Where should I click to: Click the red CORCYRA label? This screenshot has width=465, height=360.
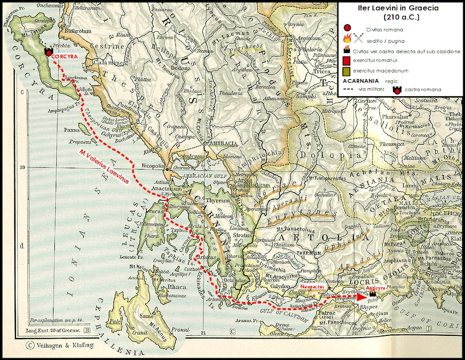[64, 56]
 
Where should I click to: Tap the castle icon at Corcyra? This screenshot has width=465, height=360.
[48, 52]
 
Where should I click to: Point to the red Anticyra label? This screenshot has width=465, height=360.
[377, 288]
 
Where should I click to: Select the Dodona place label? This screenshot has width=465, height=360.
[146, 68]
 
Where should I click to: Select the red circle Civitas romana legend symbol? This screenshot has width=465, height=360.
[346, 29]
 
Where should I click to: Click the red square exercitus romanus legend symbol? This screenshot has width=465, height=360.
[345, 61]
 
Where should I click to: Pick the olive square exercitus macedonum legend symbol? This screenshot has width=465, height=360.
[345, 71]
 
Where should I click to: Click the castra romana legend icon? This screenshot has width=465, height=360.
[397, 89]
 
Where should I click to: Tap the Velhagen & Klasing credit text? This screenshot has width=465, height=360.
[61, 345]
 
